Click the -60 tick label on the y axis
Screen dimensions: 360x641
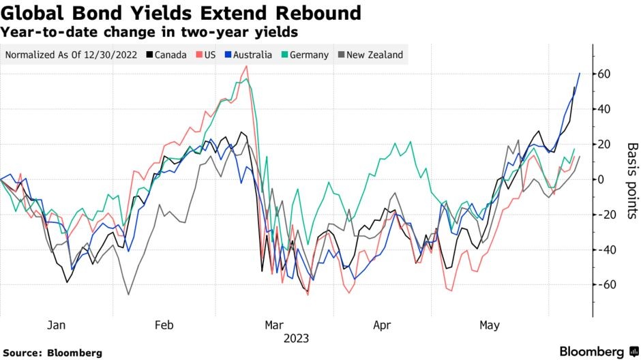[603, 284]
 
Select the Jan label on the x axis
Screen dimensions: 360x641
[56, 325]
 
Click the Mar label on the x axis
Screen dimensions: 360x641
[273, 325]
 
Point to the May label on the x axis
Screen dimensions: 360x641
[489, 325]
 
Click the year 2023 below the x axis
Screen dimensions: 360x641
[297, 338]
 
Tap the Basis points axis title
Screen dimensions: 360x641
[631, 181]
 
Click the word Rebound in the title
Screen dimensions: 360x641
[312, 13]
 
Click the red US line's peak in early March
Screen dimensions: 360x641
[247, 66]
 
